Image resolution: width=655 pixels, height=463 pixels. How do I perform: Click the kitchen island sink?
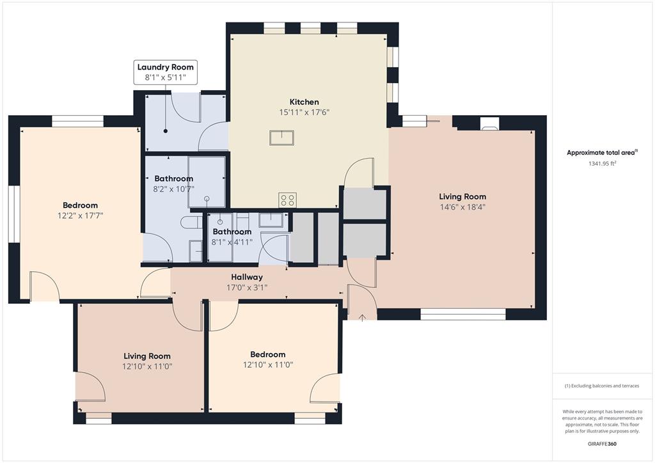point(281,138)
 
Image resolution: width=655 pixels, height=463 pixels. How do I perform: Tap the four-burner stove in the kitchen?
point(287,200)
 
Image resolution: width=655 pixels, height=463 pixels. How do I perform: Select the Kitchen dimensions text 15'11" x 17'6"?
point(304,112)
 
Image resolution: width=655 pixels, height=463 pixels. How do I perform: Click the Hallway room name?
point(247,277)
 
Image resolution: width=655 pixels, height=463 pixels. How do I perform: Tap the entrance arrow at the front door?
point(363,316)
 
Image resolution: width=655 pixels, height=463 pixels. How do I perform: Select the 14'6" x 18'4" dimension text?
point(462,207)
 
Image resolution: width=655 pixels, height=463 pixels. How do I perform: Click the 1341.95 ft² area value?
point(601,163)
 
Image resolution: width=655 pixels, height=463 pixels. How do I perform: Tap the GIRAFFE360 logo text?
point(602,444)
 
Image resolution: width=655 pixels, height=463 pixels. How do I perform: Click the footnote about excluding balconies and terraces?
point(601,386)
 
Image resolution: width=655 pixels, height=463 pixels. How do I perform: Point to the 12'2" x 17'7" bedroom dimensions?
point(80,216)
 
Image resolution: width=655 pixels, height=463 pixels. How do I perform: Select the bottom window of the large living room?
point(462,314)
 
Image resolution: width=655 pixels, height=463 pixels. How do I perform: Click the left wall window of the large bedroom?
point(14,214)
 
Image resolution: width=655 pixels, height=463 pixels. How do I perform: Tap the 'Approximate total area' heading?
point(601,152)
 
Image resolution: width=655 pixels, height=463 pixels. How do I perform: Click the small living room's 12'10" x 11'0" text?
point(147,366)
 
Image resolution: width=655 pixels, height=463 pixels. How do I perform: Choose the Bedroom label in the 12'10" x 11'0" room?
point(267,354)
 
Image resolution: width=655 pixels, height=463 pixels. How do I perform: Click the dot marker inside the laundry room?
point(166,130)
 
